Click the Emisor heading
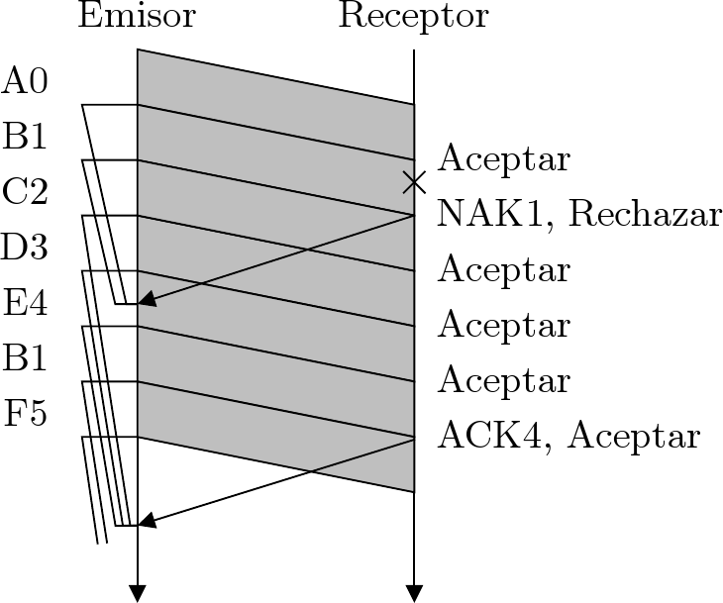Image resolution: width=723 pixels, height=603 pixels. (137, 17)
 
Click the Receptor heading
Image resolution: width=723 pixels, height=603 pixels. (413, 17)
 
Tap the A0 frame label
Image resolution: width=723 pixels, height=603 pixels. (25, 80)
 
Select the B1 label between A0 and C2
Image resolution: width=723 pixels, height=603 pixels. (25, 136)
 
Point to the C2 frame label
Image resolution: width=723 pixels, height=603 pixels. (25, 191)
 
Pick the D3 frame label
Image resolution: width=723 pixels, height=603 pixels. (25, 247)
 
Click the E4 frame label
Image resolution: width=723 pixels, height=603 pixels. (25, 302)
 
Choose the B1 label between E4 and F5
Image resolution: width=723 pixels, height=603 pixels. (25, 357)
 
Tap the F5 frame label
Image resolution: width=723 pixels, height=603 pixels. (25, 413)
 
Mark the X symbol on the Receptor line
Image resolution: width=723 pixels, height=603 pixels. (414, 181)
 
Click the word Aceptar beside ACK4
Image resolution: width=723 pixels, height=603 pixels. (635, 436)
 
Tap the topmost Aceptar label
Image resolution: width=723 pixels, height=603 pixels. (504, 158)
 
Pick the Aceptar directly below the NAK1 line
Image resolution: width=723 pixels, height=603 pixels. (504, 269)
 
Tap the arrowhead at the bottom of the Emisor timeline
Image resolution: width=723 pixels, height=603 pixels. (138, 593)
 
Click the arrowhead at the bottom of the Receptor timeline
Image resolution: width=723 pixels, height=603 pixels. (414, 593)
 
